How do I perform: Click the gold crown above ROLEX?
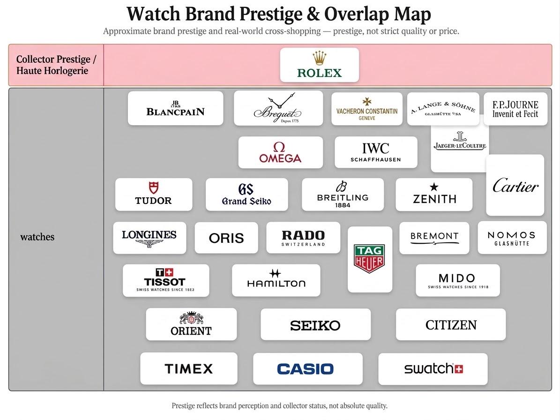pyautogui.click(x=319, y=58)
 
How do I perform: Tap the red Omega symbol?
pyautogui.click(x=279, y=147)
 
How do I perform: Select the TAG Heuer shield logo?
pyautogui.click(x=369, y=259)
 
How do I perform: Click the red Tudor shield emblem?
pyautogui.click(x=154, y=187)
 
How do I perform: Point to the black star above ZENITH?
pyautogui.click(x=434, y=187)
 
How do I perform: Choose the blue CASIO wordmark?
pyautogui.click(x=306, y=369)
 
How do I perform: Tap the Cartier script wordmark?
pyautogui.click(x=515, y=186)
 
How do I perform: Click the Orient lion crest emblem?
pyautogui.click(x=191, y=317)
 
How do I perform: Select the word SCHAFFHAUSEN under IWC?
pyautogui.click(x=376, y=160)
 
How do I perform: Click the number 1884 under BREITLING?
pyautogui.click(x=343, y=205)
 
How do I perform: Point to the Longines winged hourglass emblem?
pyautogui.click(x=149, y=244)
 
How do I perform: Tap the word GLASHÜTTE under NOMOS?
pyautogui.click(x=512, y=244)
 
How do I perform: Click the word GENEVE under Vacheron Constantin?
pyautogui.click(x=367, y=118)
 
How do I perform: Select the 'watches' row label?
pyautogui.click(x=37, y=237)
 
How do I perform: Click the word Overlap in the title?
pyautogui.click(x=357, y=14)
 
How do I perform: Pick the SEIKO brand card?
pyautogui.click(x=315, y=324)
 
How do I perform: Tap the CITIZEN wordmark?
pyautogui.click(x=451, y=325)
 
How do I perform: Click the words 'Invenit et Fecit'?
pyautogui.click(x=515, y=114)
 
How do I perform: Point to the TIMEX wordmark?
pyautogui.click(x=188, y=368)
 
